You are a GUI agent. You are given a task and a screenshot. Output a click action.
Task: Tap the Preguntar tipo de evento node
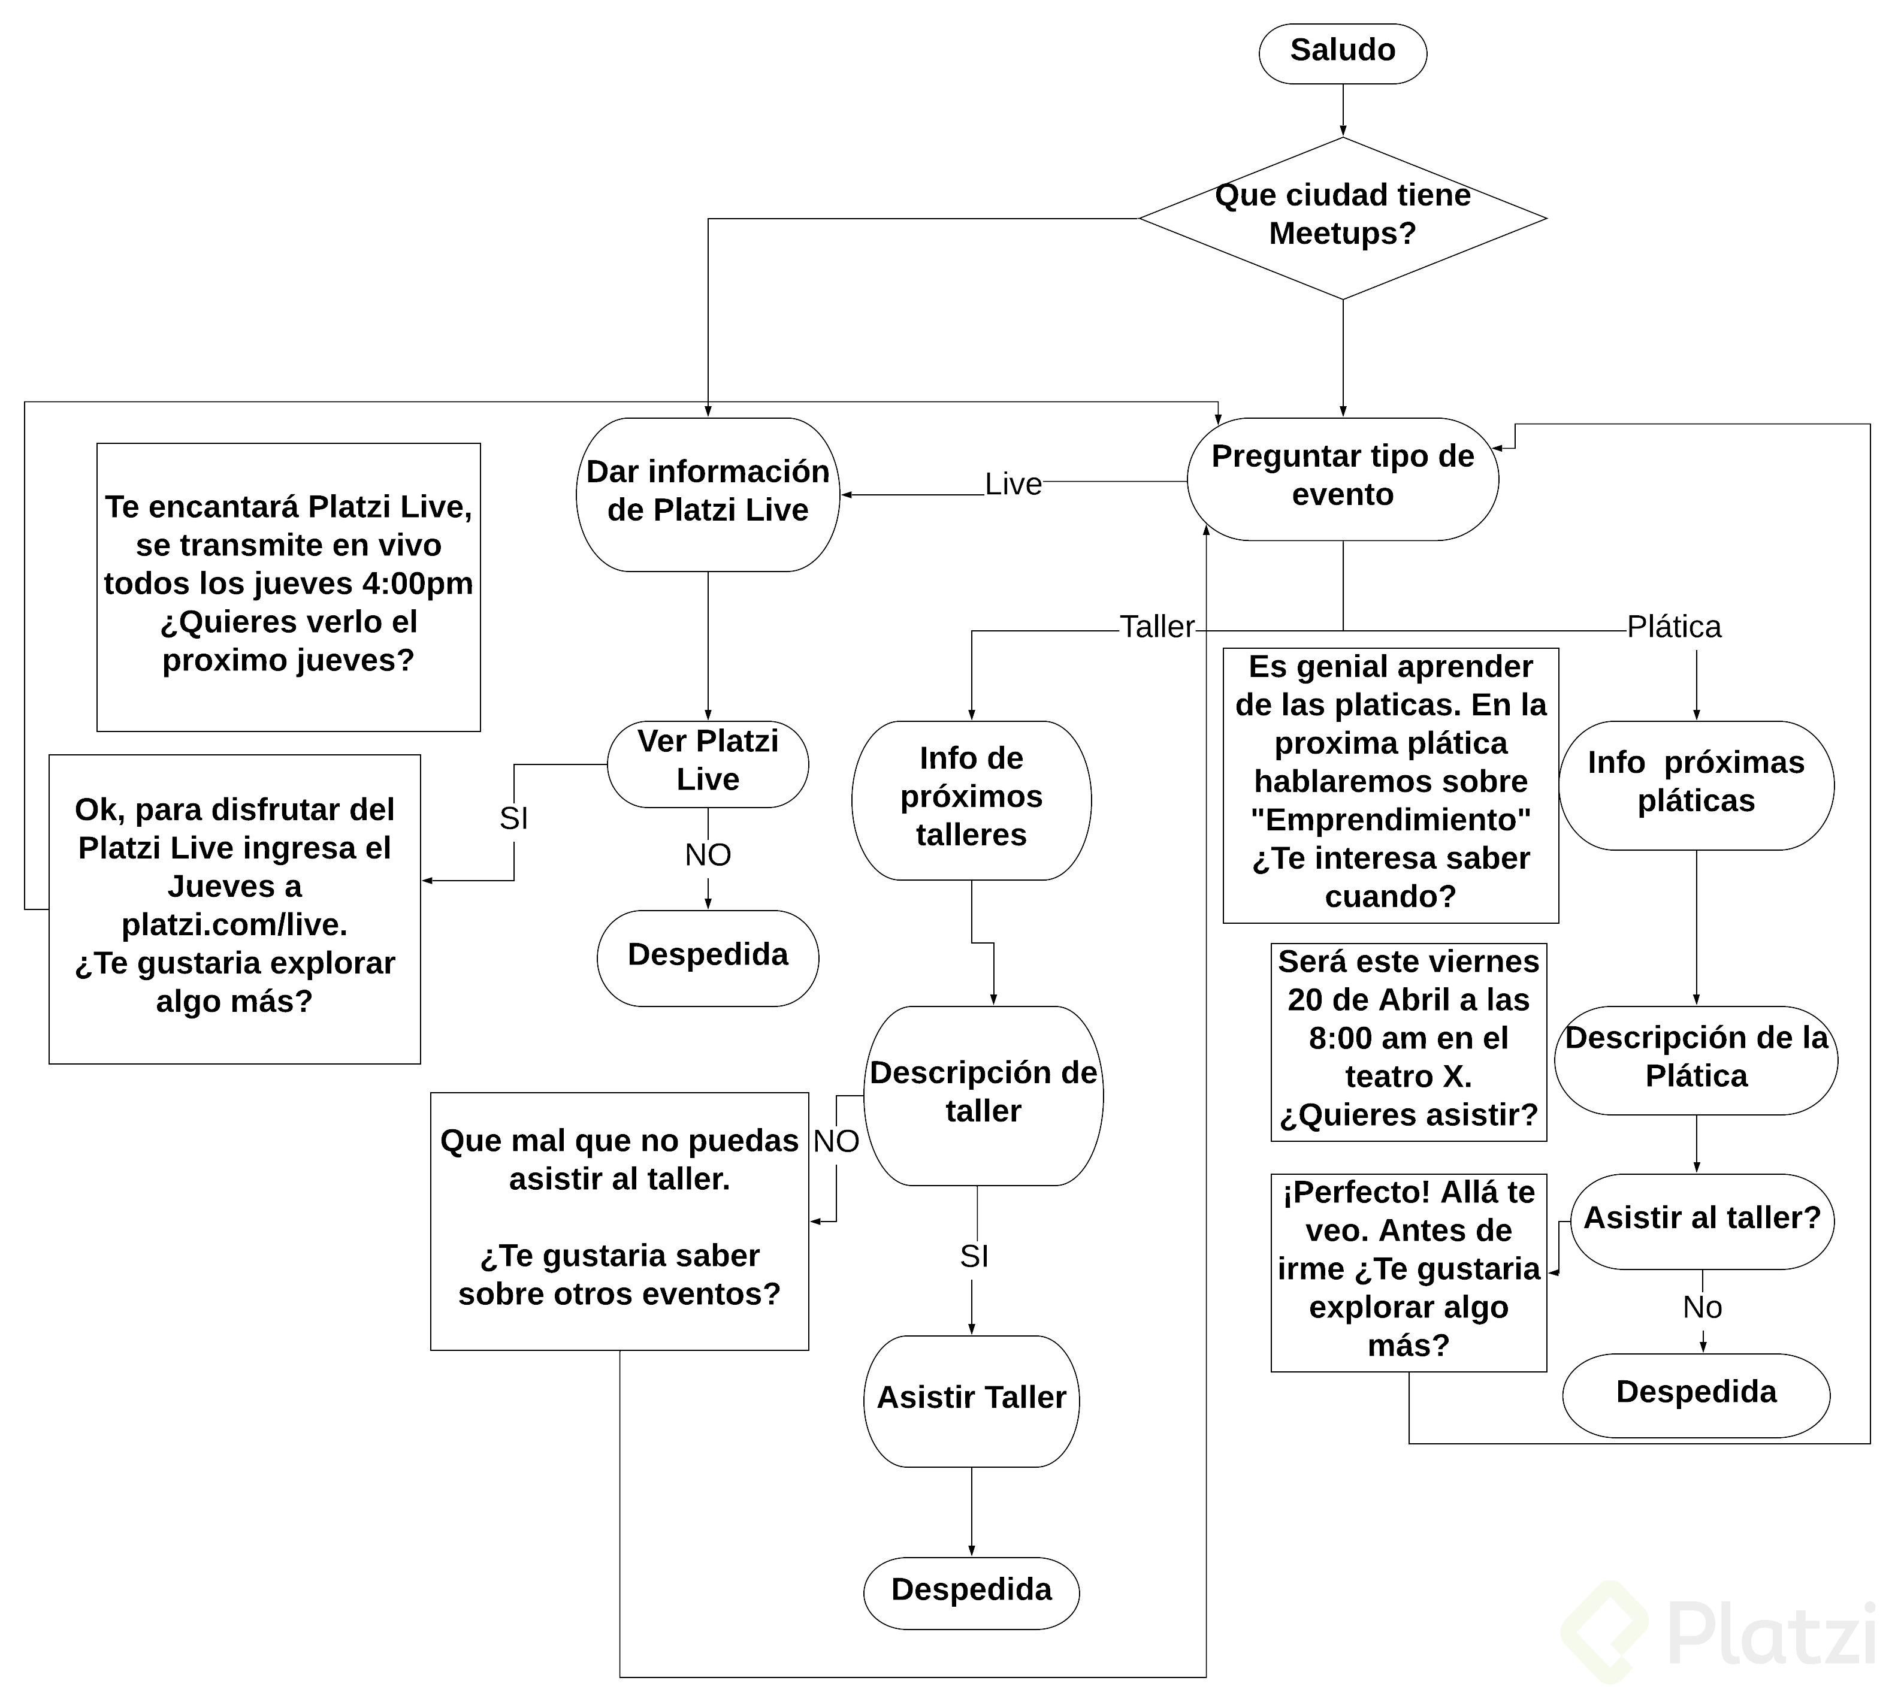click(1341, 478)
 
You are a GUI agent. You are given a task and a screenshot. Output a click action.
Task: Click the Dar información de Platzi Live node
click(707, 493)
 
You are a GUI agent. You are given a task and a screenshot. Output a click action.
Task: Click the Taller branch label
click(1156, 627)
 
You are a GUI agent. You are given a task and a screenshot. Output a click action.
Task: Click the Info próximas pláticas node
click(1695, 784)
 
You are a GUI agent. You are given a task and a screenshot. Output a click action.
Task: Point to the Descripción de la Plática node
click(1695, 1059)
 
